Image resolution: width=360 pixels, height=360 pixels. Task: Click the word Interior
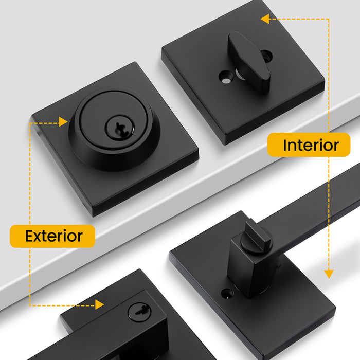311,146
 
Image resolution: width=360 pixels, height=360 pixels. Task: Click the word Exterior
53,236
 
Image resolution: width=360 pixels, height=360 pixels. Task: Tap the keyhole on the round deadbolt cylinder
120,129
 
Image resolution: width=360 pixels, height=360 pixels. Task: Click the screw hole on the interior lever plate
227,294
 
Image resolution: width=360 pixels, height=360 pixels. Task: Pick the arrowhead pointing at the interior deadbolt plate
265,19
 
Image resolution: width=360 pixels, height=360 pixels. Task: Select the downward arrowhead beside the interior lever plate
329,274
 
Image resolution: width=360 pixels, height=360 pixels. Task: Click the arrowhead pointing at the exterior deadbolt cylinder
63,122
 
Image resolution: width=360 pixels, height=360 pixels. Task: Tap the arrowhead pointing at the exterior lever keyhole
99,304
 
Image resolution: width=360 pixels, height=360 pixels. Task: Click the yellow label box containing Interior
309,145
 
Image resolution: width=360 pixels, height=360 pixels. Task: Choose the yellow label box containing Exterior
52,236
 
